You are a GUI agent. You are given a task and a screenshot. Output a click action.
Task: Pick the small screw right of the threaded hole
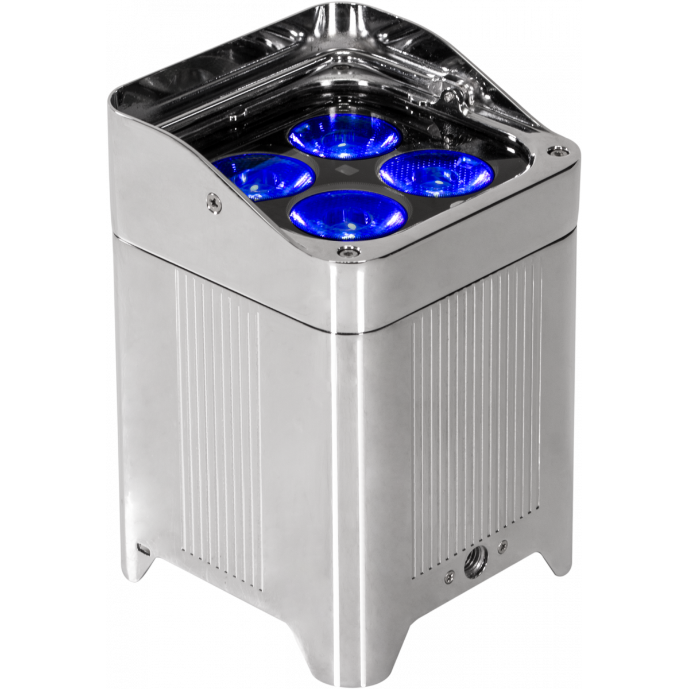tap(504, 543)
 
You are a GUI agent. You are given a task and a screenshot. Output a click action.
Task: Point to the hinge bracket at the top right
tap(454, 92)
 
